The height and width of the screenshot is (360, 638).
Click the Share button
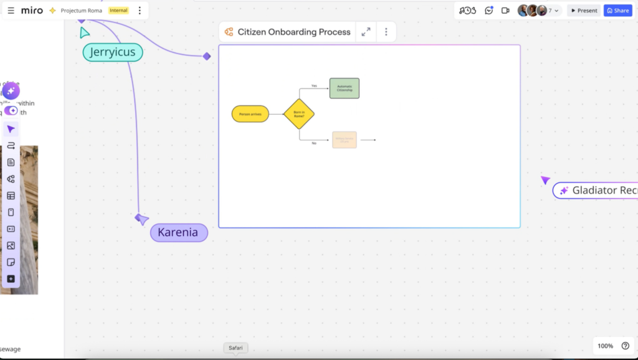tap(617, 11)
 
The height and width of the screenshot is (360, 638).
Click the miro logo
tap(32, 11)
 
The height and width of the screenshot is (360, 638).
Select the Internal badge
tap(118, 11)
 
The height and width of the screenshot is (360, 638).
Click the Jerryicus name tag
tap(113, 52)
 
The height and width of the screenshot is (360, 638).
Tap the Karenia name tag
tap(178, 232)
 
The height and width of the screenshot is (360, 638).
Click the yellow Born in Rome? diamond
tap(299, 114)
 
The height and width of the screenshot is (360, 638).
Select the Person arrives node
tap(250, 114)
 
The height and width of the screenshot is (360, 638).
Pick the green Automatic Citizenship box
tap(345, 88)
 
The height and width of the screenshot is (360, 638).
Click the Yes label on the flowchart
tap(314, 85)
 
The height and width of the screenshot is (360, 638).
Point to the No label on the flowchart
tap(314, 143)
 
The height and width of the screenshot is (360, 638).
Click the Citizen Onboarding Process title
tap(294, 32)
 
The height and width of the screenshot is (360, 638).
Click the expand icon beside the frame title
tap(366, 32)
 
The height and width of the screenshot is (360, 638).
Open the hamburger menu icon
tap(11, 11)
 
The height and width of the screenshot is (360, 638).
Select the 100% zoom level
tap(605, 346)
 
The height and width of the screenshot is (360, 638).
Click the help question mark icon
tap(626, 346)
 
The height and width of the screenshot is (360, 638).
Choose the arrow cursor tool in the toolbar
tap(11, 129)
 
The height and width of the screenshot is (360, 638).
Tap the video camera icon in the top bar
tap(505, 11)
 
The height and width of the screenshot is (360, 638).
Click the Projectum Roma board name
tap(81, 11)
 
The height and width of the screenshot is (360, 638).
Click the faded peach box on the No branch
tap(345, 140)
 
